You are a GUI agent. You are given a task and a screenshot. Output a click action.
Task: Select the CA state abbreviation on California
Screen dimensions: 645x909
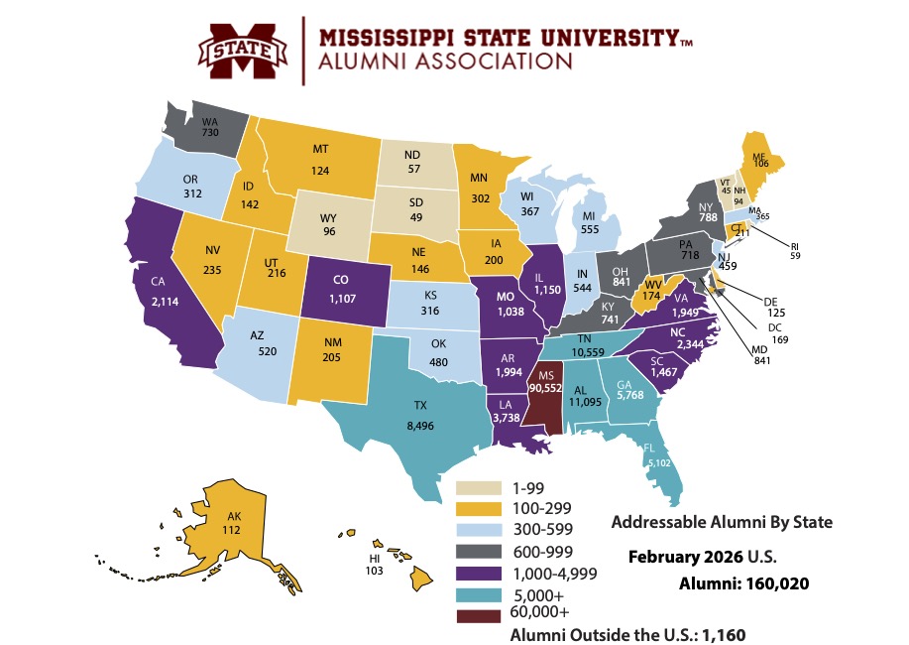click(158, 281)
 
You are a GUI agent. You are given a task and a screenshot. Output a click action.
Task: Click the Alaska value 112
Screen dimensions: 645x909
click(233, 530)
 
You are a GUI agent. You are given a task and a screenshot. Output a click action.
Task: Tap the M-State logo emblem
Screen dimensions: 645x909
click(240, 50)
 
